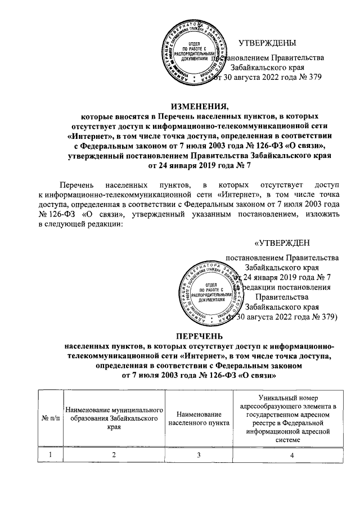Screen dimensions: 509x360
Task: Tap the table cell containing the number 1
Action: [51, 455]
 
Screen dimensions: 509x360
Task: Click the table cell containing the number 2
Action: [114, 455]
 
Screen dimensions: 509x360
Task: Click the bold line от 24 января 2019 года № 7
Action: [200, 166]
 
